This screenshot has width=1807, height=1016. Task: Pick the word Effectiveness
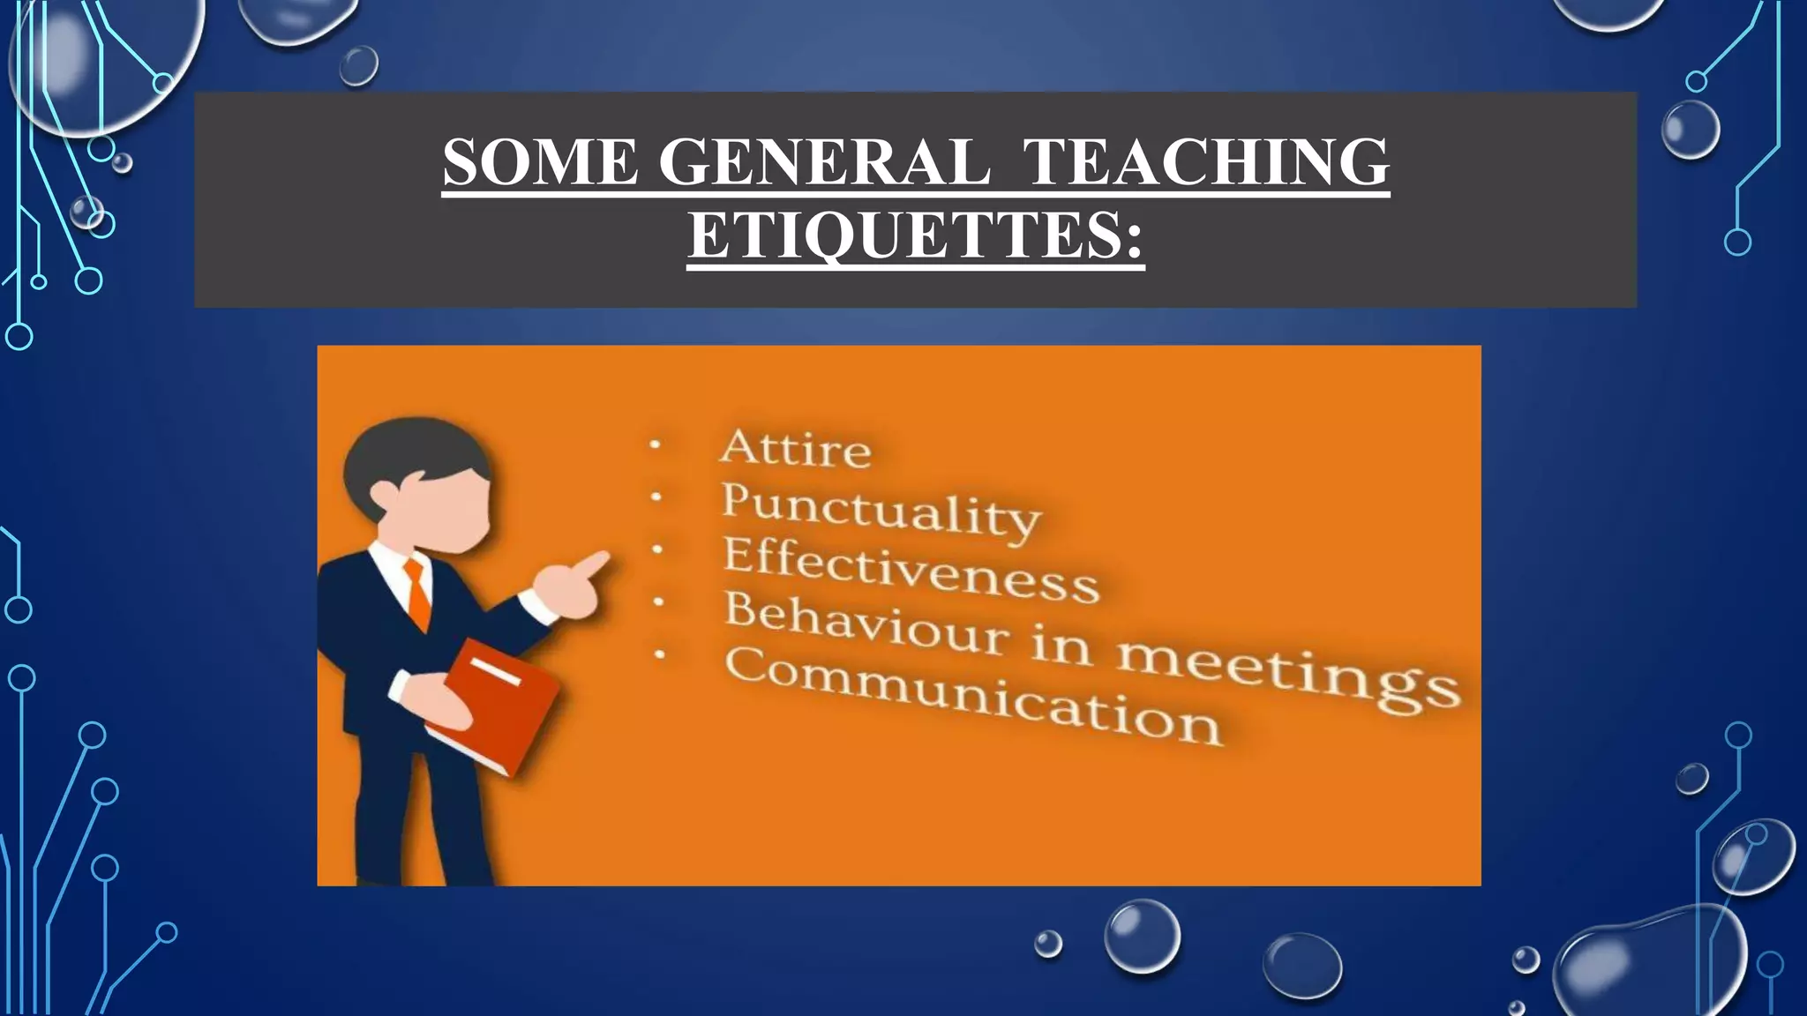pyautogui.click(x=911, y=569)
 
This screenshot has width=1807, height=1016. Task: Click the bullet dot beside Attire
pyautogui.click(x=655, y=444)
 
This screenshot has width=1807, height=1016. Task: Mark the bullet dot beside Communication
pyautogui.click(x=658, y=655)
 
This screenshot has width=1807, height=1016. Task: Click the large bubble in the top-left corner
pyautogui.click(x=97, y=62)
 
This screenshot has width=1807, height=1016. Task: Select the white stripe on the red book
pyautogui.click(x=499, y=675)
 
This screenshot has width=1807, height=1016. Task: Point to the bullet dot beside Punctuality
pyautogui.click(x=656, y=497)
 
